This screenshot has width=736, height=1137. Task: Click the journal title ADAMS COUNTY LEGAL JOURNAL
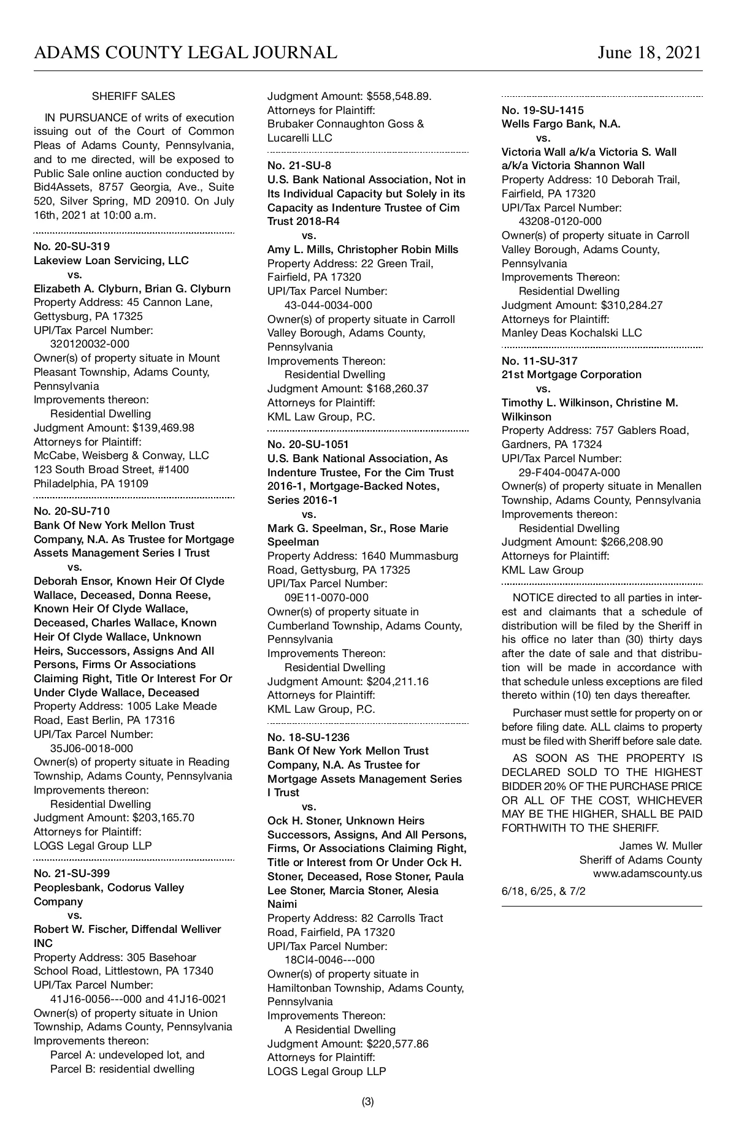(185, 53)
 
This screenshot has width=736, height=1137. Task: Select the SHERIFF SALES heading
(133, 96)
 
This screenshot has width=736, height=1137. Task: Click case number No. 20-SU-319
(72, 246)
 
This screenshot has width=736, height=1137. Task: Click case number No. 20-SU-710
(72, 511)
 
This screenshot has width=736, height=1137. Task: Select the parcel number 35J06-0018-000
(91, 748)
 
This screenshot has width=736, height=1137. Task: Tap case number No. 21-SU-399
(72, 873)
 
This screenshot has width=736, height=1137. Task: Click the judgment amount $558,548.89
(399, 96)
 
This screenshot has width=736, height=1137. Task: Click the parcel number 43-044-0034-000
(328, 305)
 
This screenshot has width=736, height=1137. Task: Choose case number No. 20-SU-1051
(309, 444)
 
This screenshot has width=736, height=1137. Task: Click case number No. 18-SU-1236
(309, 737)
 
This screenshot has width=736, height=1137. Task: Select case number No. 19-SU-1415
(543, 110)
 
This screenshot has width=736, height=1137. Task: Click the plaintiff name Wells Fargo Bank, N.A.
(561, 124)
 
